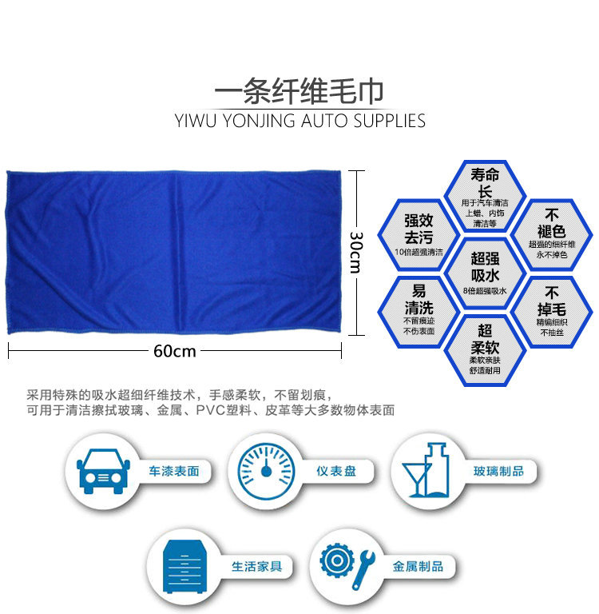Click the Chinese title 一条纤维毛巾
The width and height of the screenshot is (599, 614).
(299, 92)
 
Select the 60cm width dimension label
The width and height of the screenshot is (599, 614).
(175, 350)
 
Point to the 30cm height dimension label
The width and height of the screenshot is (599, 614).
(356, 252)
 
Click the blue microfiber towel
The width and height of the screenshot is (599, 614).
(175, 252)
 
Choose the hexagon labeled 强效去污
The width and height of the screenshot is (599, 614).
(418, 234)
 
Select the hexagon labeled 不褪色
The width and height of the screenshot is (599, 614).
(551, 234)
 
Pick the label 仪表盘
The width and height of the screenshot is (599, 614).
(335, 472)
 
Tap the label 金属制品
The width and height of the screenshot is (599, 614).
(417, 566)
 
